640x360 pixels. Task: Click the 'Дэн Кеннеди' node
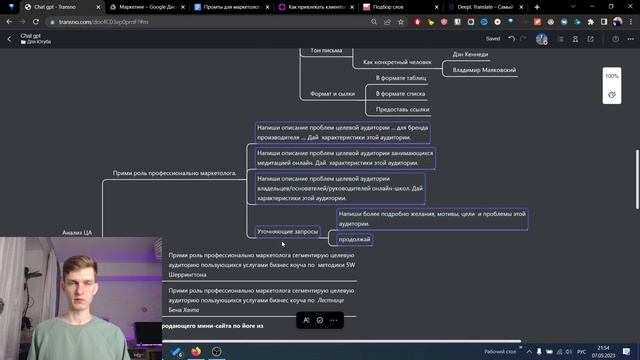pyautogui.click(x=470, y=54)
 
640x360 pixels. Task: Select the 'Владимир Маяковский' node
pyautogui.click(x=484, y=70)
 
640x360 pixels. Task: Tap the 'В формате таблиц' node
pyautogui.click(x=401, y=77)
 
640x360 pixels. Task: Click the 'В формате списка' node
pyautogui.click(x=398, y=93)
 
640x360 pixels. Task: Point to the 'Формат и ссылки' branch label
pyautogui.click(x=333, y=94)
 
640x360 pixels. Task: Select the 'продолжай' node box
pyautogui.click(x=355, y=239)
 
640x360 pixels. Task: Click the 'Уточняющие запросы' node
pyautogui.click(x=287, y=231)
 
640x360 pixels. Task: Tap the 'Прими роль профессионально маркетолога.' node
pyautogui.click(x=174, y=173)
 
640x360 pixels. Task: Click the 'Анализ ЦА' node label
pyautogui.click(x=77, y=232)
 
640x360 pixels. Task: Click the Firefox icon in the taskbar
pyautogui.click(x=194, y=352)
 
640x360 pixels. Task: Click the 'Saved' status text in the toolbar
pyautogui.click(x=492, y=38)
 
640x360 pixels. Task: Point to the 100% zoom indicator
pyautogui.click(x=611, y=76)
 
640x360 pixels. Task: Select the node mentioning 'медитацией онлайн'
pyautogui.click(x=344, y=157)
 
